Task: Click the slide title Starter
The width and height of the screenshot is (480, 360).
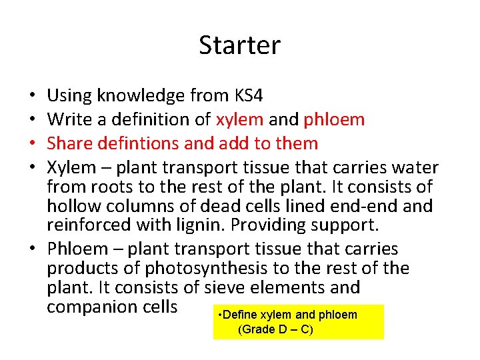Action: [240, 45]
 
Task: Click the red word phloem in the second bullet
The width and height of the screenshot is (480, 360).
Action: [334, 120]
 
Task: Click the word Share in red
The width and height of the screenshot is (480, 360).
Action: [69, 143]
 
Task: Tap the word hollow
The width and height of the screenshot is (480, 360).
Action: [71, 207]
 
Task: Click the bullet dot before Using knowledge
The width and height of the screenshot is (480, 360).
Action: [33, 96]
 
